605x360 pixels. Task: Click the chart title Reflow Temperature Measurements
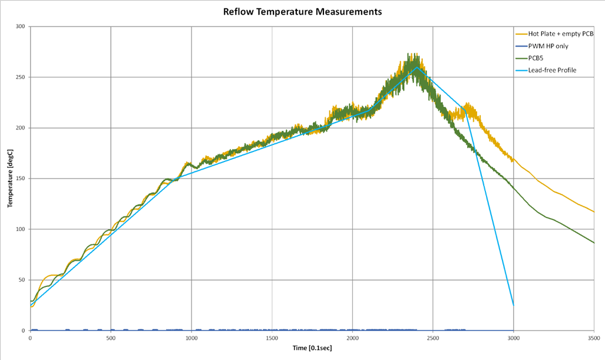pyautogui.click(x=302, y=11)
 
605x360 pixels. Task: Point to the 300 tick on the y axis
pyautogui.click(x=21, y=27)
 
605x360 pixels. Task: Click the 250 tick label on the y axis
pyautogui.click(x=21, y=77)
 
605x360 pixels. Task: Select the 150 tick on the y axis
pyautogui.click(x=21, y=179)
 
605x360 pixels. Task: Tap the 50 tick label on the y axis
pyautogui.click(x=22, y=280)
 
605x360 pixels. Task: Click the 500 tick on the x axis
pyautogui.click(x=111, y=338)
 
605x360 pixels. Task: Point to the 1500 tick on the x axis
pyautogui.click(x=272, y=338)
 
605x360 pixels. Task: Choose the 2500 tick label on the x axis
pyautogui.click(x=433, y=338)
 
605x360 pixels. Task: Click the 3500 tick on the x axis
pyautogui.click(x=594, y=338)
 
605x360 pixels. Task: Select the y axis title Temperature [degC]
pyautogui.click(x=9, y=178)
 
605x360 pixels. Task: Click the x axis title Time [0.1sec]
pyautogui.click(x=312, y=348)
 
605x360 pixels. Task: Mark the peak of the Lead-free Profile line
pyautogui.click(x=416, y=67)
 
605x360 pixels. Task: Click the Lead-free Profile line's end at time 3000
pyautogui.click(x=513, y=305)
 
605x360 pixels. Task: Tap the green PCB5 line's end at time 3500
pyautogui.click(x=594, y=243)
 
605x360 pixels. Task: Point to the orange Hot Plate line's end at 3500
pyautogui.click(x=594, y=212)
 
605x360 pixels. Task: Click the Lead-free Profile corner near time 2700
pyautogui.click(x=465, y=110)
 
